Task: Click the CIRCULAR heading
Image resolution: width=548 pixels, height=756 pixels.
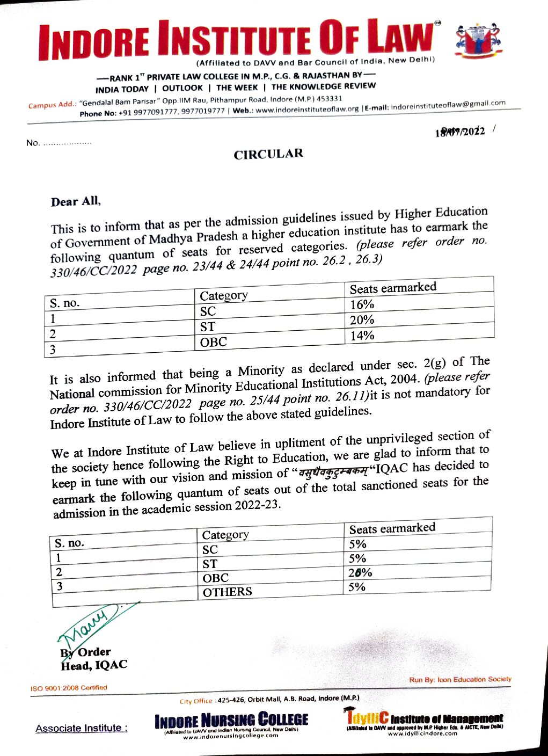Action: click(x=268, y=154)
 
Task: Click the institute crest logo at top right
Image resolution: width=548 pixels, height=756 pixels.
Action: click(x=477, y=40)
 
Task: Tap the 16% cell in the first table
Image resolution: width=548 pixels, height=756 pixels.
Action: click(x=362, y=304)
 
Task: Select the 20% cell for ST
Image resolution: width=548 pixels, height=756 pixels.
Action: click(x=362, y=320)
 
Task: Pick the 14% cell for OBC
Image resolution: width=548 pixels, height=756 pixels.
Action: click(x=362, y=336)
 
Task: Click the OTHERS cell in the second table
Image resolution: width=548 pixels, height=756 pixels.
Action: click(x=227, y=592)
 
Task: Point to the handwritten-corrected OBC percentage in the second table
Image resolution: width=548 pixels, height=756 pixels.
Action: click(x=360, y=572)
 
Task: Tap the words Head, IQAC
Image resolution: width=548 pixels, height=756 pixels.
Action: click(x=94, y=666)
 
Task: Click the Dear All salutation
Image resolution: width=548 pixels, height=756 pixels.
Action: click(x=76, y=202)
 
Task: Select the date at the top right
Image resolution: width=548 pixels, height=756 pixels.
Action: click(x=460, y=132)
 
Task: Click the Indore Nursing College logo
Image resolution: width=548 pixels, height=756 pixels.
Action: click(x=231, y=723)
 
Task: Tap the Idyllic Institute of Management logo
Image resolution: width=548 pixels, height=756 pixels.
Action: click(x=423, y=721)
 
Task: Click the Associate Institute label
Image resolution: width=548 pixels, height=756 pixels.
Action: click(x=81, y=729)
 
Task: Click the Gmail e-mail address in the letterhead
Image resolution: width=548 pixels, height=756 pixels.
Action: click(x=448, y=105)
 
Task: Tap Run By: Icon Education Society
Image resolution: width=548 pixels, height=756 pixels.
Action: click(x=460, y=679)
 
